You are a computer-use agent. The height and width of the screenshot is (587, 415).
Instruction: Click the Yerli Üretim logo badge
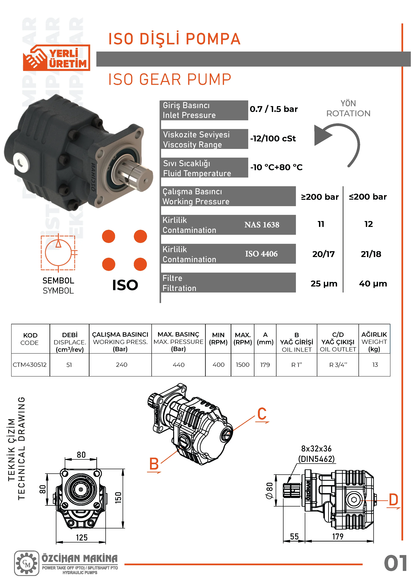pos(57,58)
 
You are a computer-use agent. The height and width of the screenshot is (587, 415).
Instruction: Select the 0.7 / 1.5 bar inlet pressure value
pos(274,109)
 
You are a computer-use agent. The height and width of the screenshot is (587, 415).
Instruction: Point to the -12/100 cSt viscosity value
pos(273,139)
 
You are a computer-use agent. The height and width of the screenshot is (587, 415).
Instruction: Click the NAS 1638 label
pos(262,225)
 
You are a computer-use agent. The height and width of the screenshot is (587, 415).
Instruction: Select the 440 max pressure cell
pos(178,365)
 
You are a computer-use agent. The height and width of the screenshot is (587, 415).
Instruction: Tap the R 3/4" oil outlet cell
pos(338,365)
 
